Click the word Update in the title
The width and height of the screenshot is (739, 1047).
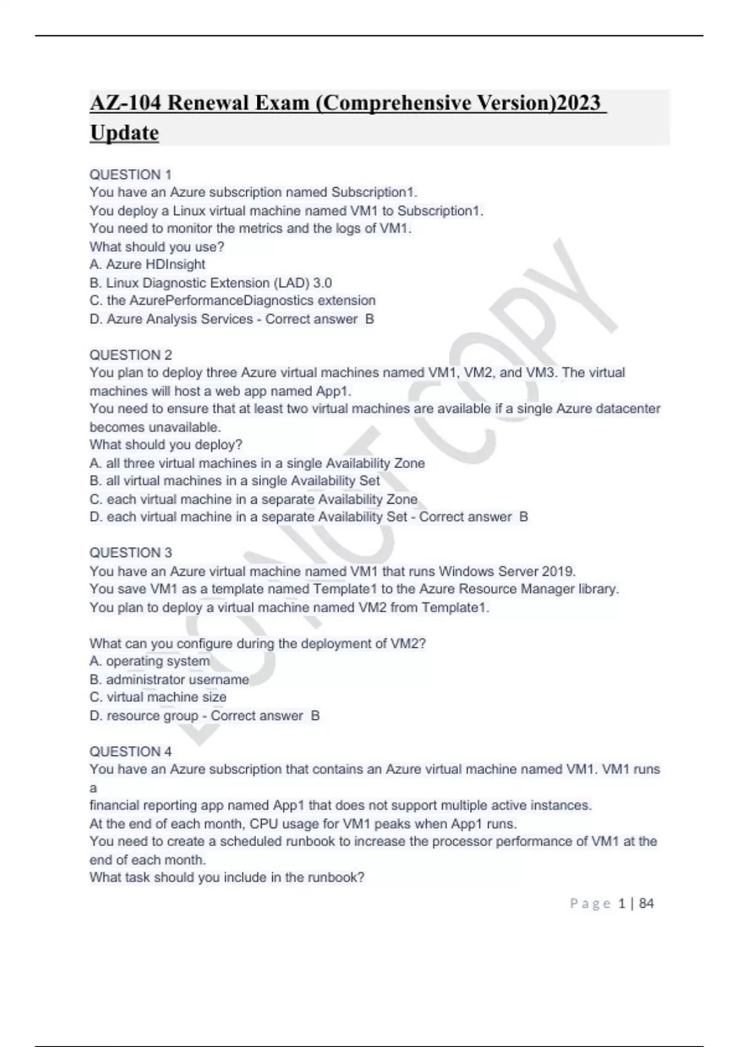click(124, 132)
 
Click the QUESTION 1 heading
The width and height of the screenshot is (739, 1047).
click(131, 174)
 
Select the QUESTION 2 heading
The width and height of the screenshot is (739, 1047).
click(131, 355)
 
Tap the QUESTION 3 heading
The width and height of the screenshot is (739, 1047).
click(131, 552)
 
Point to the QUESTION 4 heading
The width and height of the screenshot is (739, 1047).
click(131, 751)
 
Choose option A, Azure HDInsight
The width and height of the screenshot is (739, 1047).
click(147, 264)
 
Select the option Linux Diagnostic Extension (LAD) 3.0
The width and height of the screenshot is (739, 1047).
click(211, 283)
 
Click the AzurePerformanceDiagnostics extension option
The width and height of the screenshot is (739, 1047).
click(232, 301)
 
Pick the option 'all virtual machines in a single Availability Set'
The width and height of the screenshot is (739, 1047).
click(235, 480)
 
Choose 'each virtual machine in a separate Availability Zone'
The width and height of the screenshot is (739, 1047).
click(253, 499)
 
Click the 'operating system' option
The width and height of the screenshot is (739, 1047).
click(150, 661)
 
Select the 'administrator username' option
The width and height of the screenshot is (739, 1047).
click(169, 679)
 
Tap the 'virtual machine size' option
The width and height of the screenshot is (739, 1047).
click(158, 697)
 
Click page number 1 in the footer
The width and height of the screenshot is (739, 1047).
click(621, 903)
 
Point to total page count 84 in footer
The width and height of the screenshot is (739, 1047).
click(647, 903)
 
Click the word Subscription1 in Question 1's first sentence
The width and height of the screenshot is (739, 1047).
click(374, 192)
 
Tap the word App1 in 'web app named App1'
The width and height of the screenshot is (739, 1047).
click(333, 390)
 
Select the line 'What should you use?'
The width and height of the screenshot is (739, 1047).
click(157, 246)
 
